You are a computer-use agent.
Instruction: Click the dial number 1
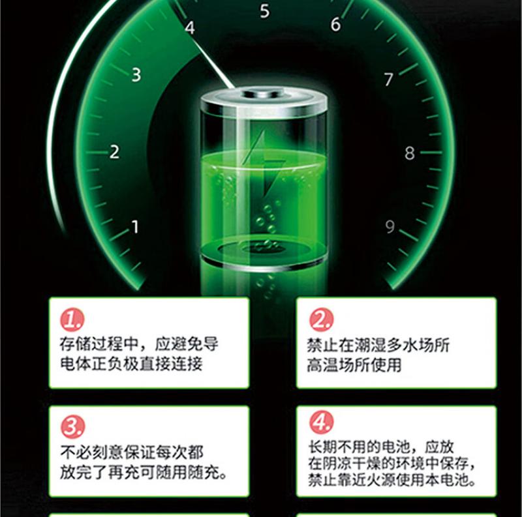tap(135, 227)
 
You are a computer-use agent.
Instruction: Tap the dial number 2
tap(115, 152)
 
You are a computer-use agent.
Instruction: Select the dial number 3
tap(136, 74)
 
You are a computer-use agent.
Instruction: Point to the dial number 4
tap(190, 27)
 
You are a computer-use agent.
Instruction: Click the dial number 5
tap(265, 11)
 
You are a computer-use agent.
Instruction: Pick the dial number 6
tap(335, 24)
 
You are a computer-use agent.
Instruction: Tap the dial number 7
tap(388, 79)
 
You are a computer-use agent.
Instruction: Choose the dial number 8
tap(410, 153)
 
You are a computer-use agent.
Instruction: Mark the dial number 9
tap(390, 227)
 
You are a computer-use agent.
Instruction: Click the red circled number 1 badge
tap(72, 319)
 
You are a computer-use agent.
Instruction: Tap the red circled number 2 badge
tap(321, 319)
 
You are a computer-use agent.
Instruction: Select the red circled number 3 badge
tap(72, 426)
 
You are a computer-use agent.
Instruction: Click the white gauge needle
tap(213, 65)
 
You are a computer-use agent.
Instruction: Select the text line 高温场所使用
tap(354, 365)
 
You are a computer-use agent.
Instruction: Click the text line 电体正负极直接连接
tap(131, 363)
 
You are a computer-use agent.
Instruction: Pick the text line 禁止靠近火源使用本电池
tap(391, 479)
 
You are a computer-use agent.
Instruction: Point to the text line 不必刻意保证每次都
tap(132, 452)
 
